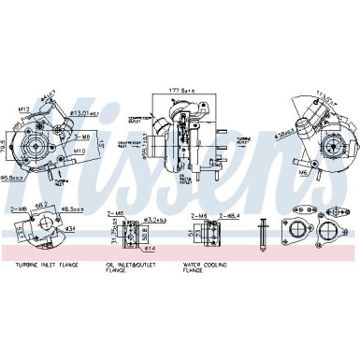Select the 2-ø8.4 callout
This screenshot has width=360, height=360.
pos(230,213)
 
